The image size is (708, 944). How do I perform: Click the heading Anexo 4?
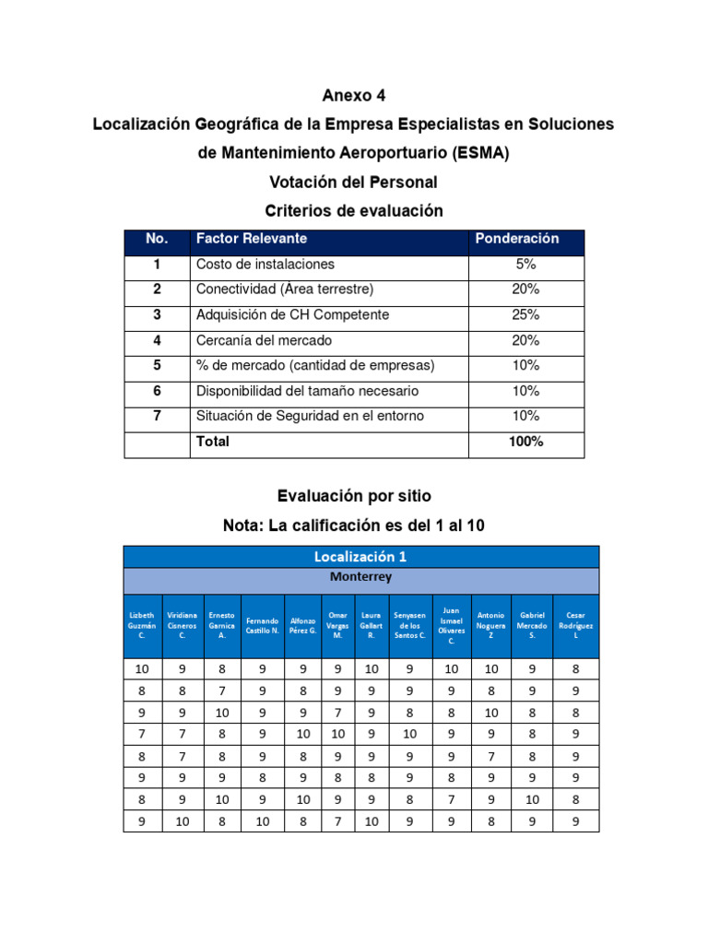[x=354, y=95]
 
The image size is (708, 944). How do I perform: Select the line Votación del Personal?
[x=354, y=182]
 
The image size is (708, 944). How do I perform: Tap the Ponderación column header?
[x=516, y=239]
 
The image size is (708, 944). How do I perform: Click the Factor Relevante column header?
[x=252, y=239]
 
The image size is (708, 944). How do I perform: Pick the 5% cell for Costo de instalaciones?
[x=525, y=265]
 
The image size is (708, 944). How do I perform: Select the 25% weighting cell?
[x=525, y=315]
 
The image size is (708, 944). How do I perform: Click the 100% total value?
[x=525, y=442]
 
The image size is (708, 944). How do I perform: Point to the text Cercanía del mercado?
[x=264, y=340]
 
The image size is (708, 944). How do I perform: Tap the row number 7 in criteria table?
[x=157, y=416]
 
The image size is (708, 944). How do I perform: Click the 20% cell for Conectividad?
[x=525, y=289]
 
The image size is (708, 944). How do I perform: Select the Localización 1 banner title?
[x=360, y=557]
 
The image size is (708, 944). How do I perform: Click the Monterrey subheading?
[x=360, y=578]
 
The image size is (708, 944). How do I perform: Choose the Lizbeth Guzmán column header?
[x=142, y=625]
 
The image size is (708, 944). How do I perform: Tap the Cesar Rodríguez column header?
[x=575, y=625]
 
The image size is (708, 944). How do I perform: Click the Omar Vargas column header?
[x=337, y=625]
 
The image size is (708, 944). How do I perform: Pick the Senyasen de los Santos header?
[x=409, y=625]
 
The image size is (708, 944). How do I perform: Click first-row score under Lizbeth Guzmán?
[x=142, y=669]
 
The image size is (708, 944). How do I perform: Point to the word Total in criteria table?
[x=213, y=442]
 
